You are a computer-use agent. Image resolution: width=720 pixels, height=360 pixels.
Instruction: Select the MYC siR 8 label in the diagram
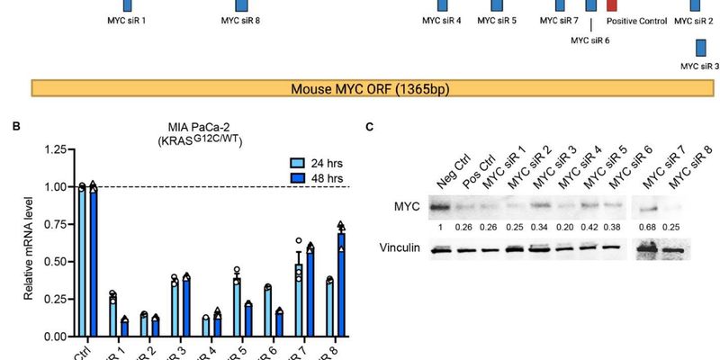(240, 20)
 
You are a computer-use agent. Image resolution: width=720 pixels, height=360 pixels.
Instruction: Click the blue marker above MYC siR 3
(699, 48)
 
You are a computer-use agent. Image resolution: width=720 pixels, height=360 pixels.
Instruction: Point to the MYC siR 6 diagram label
(590, 40)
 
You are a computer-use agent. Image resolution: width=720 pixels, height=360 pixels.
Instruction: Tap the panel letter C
(371, 126)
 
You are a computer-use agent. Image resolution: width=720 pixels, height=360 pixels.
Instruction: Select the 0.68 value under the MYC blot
(647, 225)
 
